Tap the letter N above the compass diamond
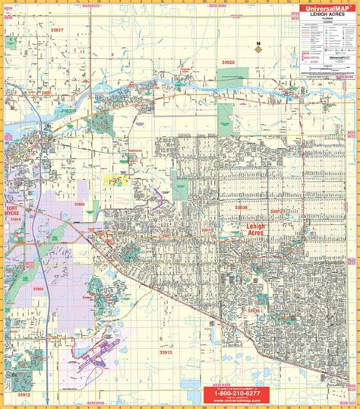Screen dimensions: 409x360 pyautogui.click(x=258, y=43)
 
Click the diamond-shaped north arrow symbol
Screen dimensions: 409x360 pyautogui.click(x=258, y=50)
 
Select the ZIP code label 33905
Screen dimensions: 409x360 pyautogui.click(x=79, y=204)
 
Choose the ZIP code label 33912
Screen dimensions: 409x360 pyautogui.click(x=24, y=395)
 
